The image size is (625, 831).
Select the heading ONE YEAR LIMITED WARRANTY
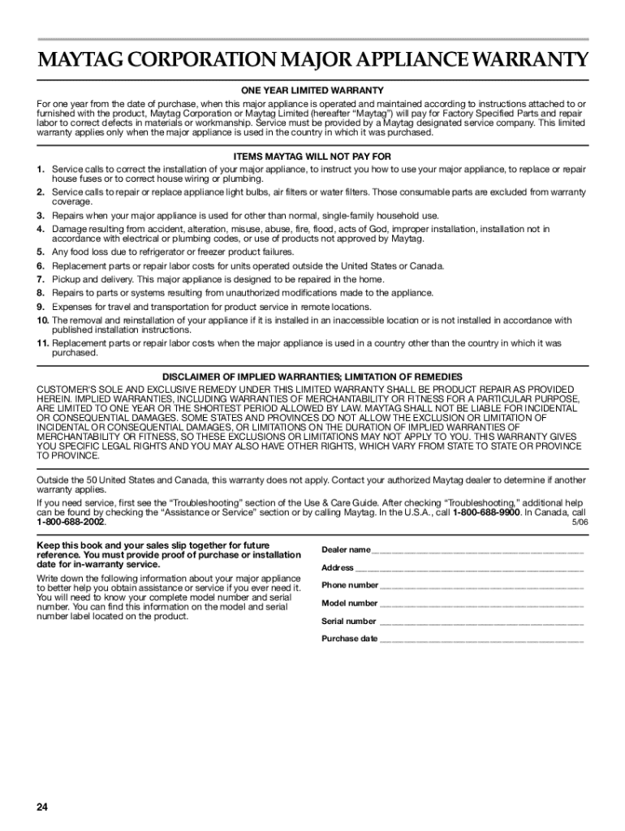pyautogui.click(x=312, y=90)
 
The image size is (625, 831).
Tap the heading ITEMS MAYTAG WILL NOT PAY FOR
pyautogui.click(x=312, y=156)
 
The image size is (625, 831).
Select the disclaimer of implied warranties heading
pyautogui.click(x=312, y=377)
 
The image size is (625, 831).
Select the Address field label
pyautogui.click(x=338, y=568)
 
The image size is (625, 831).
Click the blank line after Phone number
pyautogui.click(x=482, y=587)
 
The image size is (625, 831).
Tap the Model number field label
pyautogui.click(x=350, y=604)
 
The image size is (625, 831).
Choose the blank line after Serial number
pyautogui.click(x=481, y=622)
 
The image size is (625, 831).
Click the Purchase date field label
pyautogui.click(x=350, y=639)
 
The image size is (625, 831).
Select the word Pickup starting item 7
pyautogui.click(x=66, y=279)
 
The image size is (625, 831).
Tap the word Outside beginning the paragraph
pyautogui.click(x=54, y=480)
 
